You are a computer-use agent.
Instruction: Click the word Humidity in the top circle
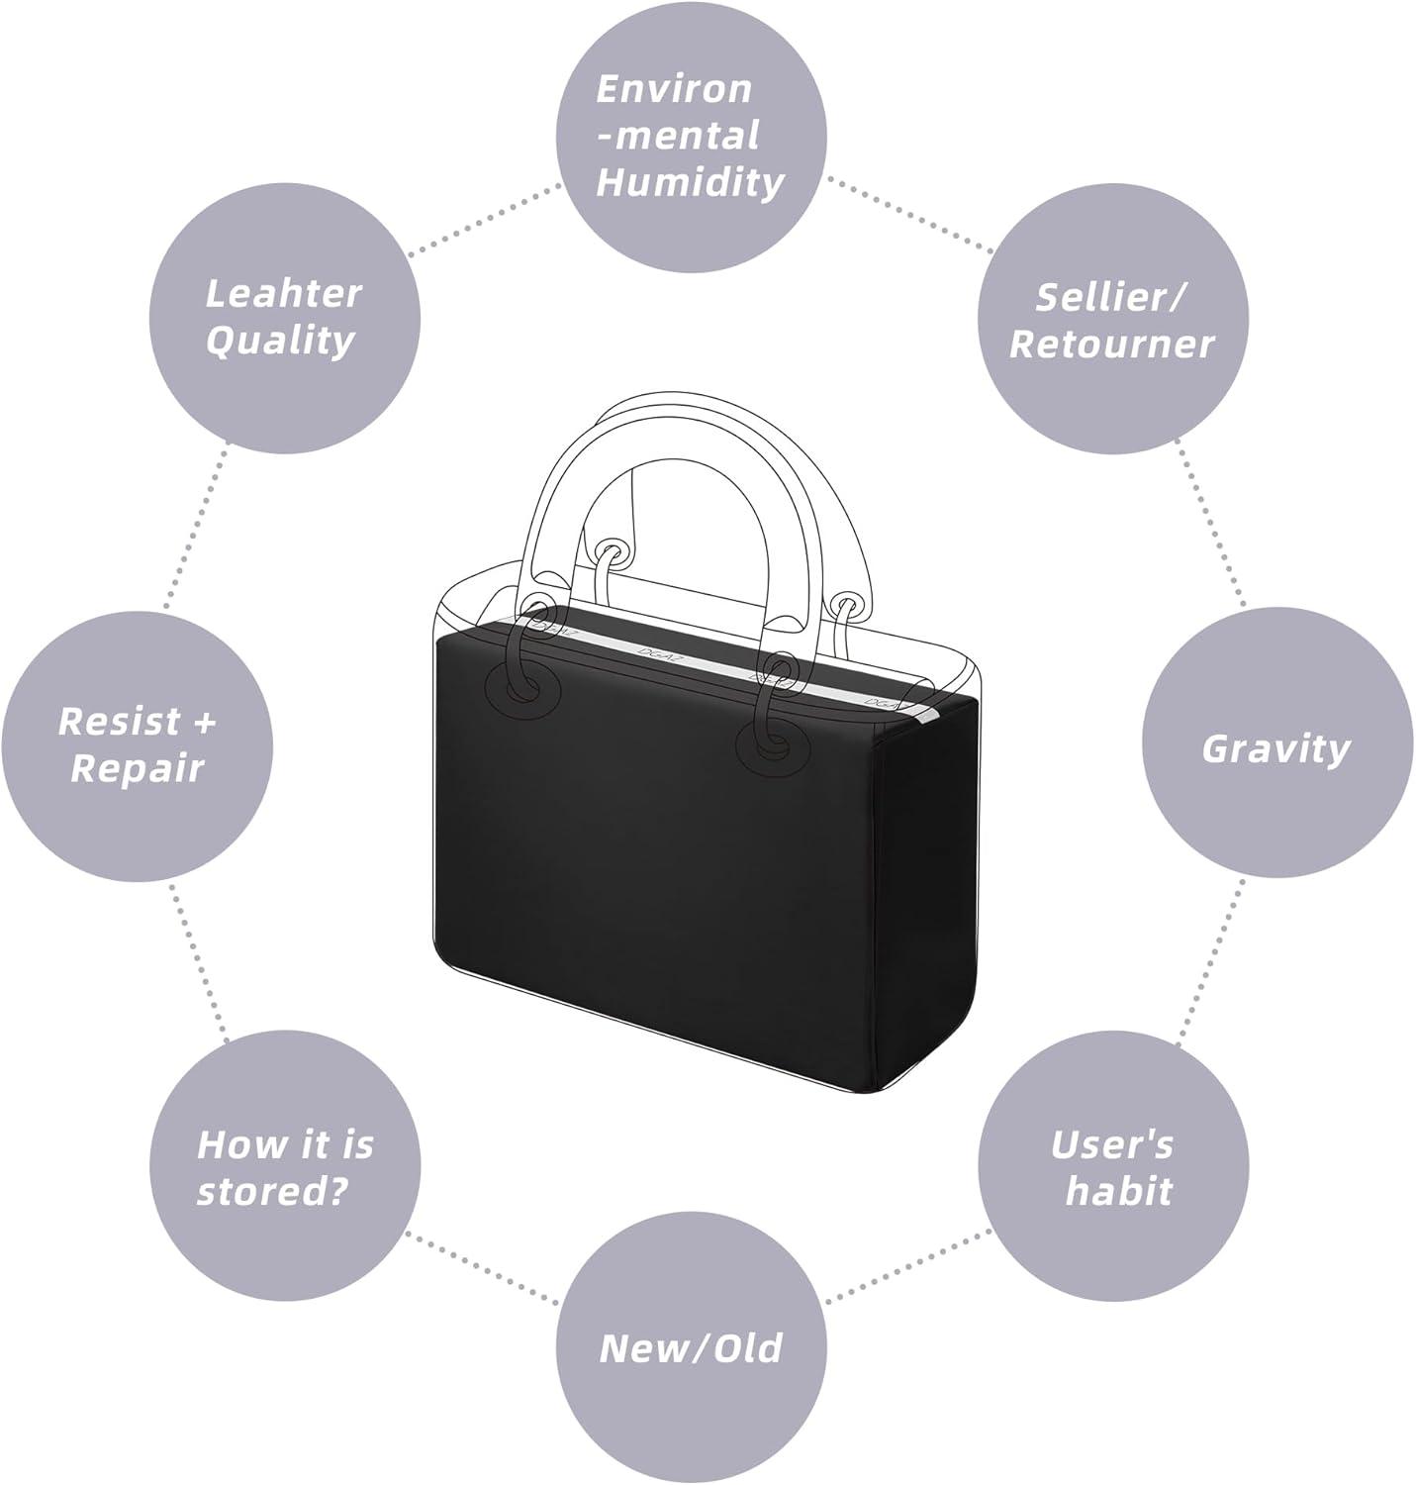click(x=690, y=182)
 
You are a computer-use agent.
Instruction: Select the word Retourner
click(x=1111, y=344)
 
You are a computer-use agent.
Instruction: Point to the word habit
click(x=1118, y=1191)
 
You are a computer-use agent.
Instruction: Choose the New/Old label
click(x=691, y=1347)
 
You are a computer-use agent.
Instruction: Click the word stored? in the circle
click(x=273, y=1191)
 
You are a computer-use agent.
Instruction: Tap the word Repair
click(x=138, y=769)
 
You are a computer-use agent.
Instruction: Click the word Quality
click(x=281, y=341)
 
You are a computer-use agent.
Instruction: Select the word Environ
click(x=674, y=89)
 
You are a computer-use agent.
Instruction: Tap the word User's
click(x=1112, y=1144)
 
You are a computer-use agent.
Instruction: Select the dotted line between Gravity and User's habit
click(x=1211, y=959)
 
